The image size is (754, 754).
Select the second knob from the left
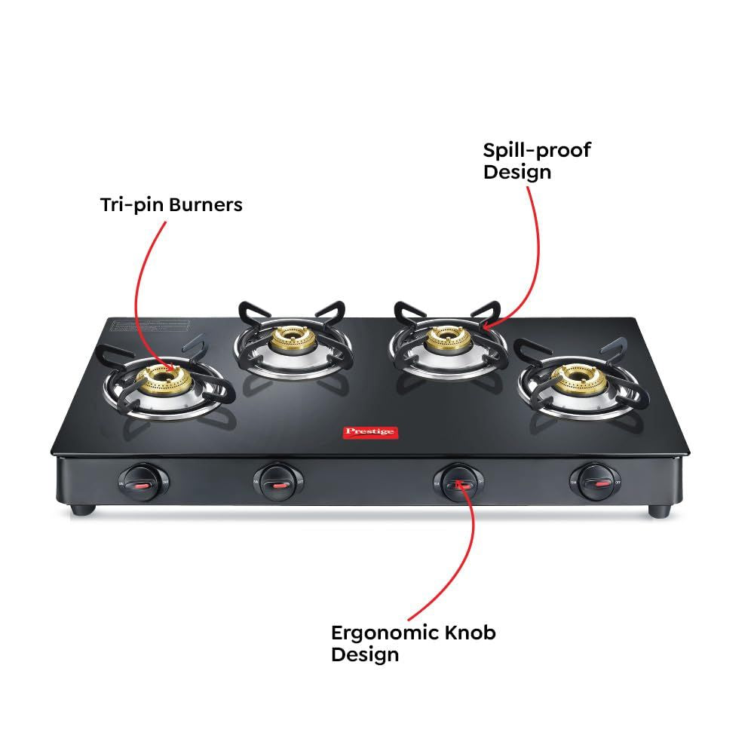277,480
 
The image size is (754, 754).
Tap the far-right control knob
596,479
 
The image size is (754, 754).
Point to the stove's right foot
660,510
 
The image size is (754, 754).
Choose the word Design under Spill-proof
516,172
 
